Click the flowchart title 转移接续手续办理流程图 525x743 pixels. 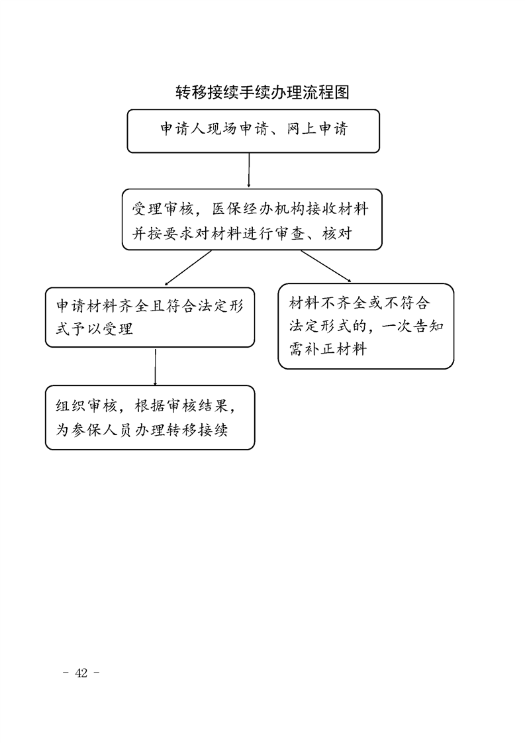[x=262, y=93]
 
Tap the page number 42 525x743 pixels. [x=81, y=673]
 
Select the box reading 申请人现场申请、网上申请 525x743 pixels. [x=253, y=131]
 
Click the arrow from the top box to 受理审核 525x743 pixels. [x=249, y=170]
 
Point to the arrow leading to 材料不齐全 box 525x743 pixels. [x=326, y=266]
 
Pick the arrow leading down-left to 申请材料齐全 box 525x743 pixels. [x=187, y=268]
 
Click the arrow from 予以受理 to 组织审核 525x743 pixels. [x=155, y=367]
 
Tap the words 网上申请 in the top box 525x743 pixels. [x=317, y=129]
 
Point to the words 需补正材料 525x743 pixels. [x=328, y=349]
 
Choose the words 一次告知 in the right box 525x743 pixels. [x=412, y=326]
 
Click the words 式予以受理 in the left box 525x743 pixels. [x=94, y=329]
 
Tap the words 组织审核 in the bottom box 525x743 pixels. [x=86, y=406]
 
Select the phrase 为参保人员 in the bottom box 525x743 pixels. [x=94, y=430]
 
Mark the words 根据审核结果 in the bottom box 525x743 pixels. [x=181, y=406]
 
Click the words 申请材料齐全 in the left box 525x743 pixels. [x=103, y=306]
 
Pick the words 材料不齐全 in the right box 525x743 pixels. [x=328, y=303]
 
